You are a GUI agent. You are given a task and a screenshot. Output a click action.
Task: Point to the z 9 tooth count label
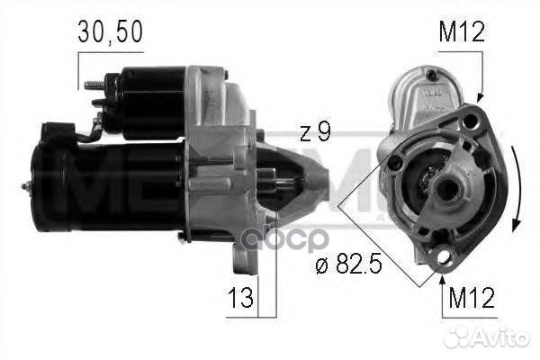pos(314,133)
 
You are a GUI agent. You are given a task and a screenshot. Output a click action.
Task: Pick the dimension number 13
pos(240,294)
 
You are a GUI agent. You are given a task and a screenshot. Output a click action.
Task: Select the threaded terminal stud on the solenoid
pos(92,86)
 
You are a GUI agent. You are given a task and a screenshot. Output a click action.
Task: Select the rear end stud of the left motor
pos(26,186)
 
